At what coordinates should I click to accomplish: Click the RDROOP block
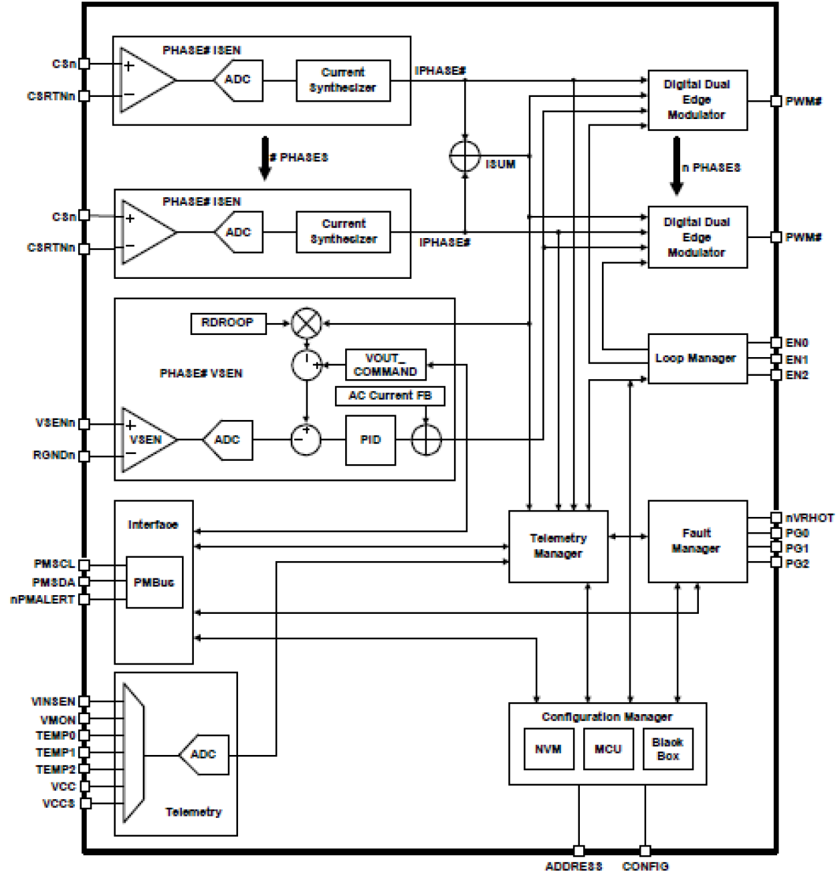coord(228,323)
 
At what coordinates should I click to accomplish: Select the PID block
coord(370,440)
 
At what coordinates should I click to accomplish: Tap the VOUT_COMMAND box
coord(385,364)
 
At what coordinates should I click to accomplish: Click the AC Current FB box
coord(390,396)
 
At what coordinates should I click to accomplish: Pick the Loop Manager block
coord(697,358)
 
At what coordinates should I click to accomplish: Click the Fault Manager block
coord(697,541)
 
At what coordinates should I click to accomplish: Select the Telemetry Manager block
coord(558,546)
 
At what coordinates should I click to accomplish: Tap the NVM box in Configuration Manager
coord(548,749)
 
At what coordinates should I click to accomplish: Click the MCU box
coord(608,749)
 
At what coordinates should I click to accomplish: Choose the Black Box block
coord(667,749)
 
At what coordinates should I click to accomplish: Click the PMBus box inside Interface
coord(154,582)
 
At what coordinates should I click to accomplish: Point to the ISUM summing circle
coord(464,156)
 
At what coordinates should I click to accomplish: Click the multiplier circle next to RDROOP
coord(307,324)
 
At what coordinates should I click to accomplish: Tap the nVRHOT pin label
coord(809,518)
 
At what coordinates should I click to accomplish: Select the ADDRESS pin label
coord(573,867)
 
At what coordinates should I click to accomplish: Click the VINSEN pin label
coord(53,701)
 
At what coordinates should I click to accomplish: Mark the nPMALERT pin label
coord(41,600)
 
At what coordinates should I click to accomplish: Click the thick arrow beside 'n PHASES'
coord(677,165)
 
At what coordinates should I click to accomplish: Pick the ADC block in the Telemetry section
coord(204,754)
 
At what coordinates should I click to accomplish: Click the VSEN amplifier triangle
coord(146,439)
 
